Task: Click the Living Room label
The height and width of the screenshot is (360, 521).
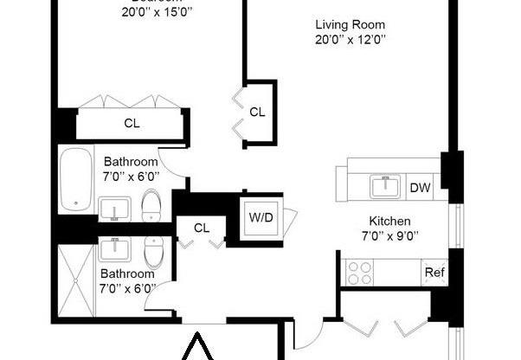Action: point(351,25)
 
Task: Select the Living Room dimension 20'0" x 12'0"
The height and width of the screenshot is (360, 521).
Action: point(351,40)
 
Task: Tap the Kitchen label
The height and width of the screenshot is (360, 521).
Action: point(389,221)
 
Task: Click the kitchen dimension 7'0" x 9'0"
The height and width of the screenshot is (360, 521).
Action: point(389,235)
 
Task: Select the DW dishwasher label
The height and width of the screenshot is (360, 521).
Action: point(420,187)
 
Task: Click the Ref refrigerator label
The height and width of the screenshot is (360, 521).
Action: point(434,273)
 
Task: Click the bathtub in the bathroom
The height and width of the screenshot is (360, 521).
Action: point(75,179)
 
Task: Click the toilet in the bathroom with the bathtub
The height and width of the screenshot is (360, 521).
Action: point(151,205)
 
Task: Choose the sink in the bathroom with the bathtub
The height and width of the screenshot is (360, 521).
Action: point(113,209)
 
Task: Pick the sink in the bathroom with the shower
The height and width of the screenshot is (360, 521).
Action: point(113,250)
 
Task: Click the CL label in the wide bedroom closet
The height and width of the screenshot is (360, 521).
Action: point(132,123)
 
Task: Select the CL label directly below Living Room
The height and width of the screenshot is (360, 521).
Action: point(257,112)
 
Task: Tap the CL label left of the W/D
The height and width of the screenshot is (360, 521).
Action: point(202,228)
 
